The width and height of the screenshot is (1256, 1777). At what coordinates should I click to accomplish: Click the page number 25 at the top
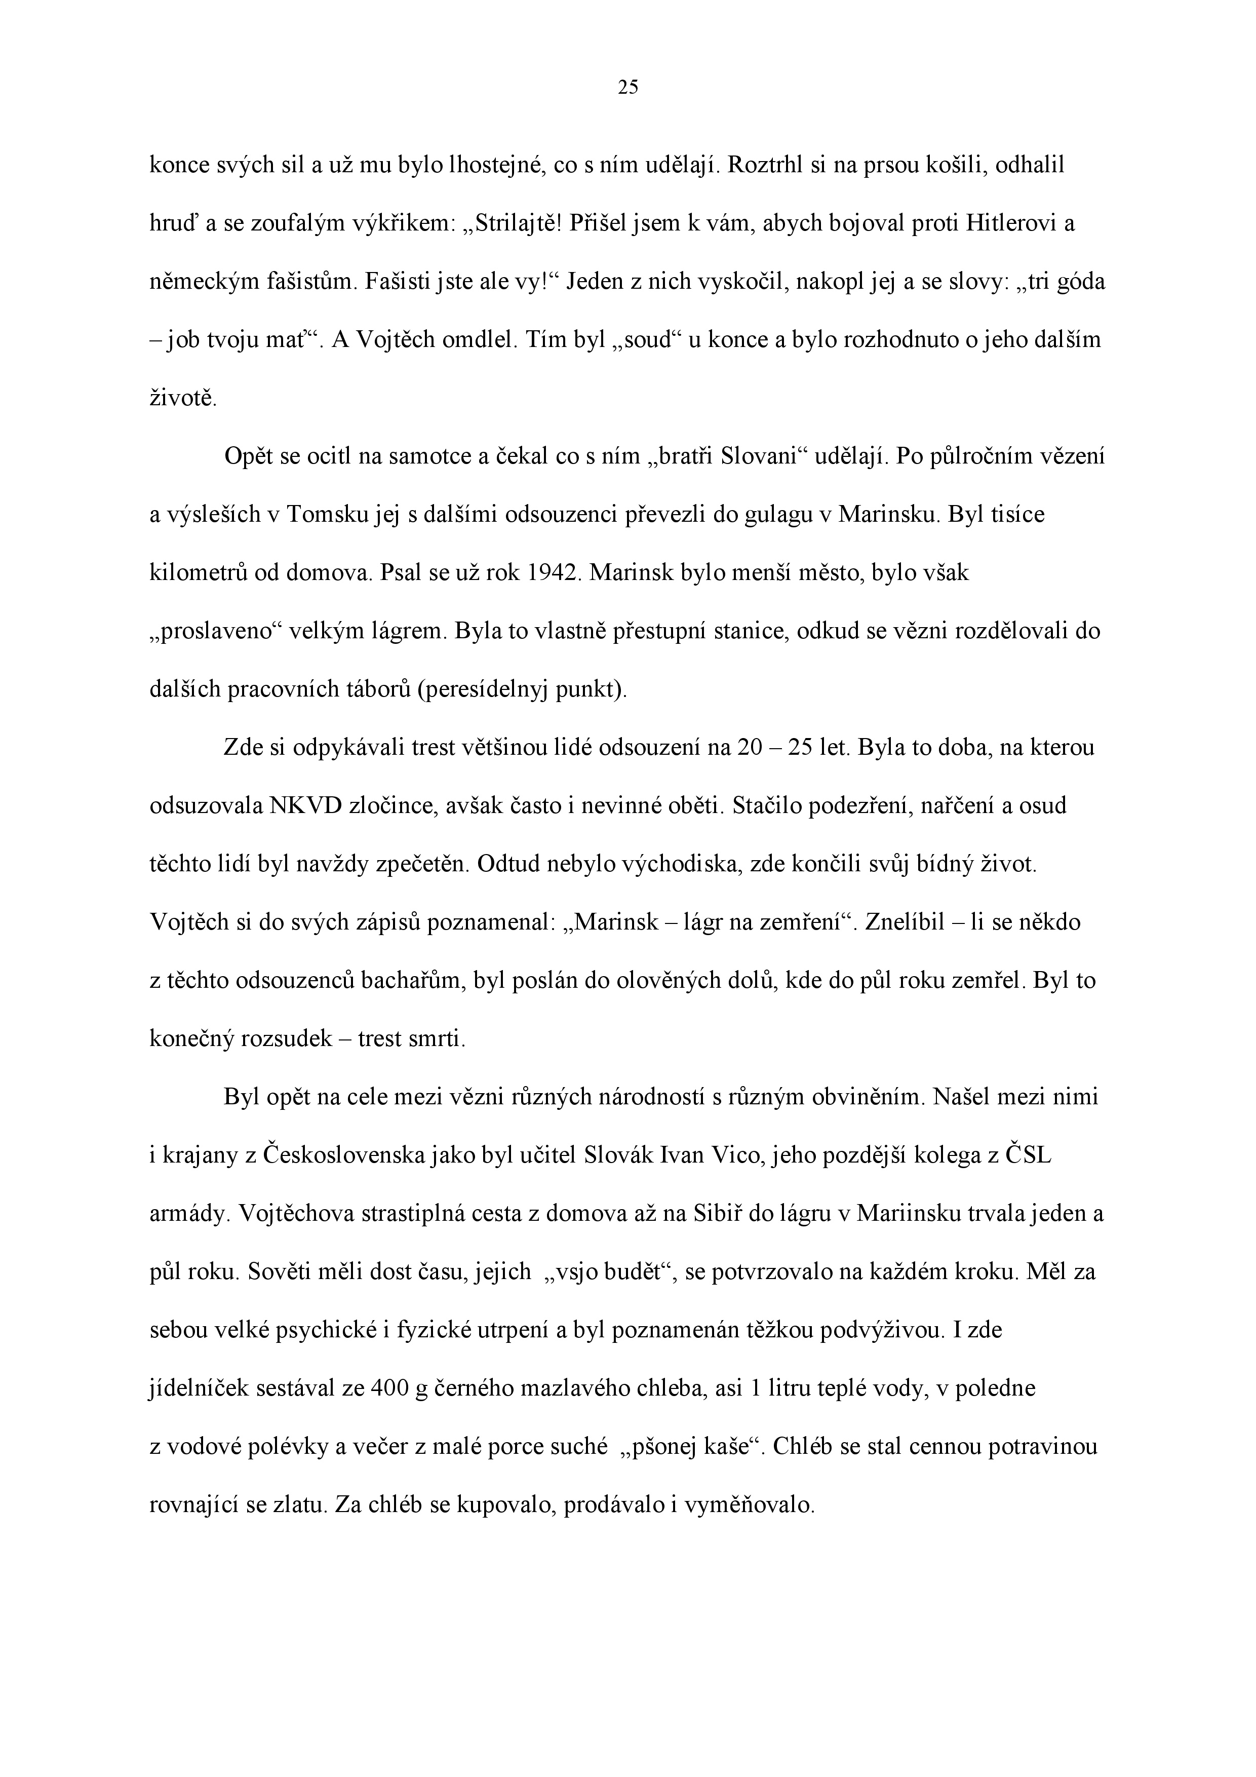pos(627,88)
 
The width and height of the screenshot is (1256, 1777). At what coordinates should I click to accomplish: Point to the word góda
pos(1078,282)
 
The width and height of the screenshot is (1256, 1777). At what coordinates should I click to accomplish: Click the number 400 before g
pos(389,1388)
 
